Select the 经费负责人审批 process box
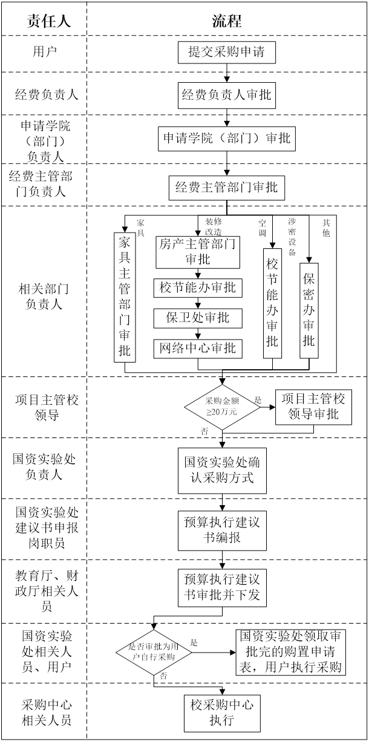pos(226,95)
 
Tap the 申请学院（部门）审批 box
pos(226,138)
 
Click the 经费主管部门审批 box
pos(226,187)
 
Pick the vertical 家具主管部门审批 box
pos(125,296)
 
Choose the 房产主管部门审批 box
pos(198,251)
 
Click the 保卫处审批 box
pos(198,318)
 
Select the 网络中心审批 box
pos(198,349)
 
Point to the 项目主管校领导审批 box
pos(313,407)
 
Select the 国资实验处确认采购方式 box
pos(223,469)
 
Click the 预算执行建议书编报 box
pos(223,529)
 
